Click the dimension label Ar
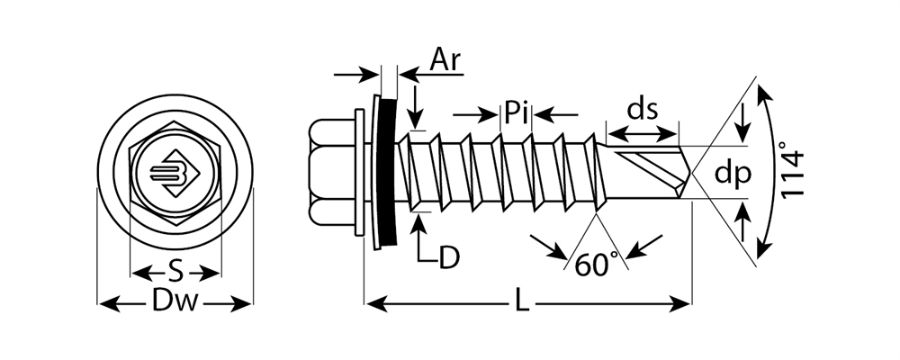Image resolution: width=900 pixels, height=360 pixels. click(x=445, y=59)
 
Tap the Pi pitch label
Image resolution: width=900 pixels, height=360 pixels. click(x=516, y=114)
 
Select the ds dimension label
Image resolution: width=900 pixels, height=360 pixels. click(x=643, y=110)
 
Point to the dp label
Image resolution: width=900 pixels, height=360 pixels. click(x=732, y=175)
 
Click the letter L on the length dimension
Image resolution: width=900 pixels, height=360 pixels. click(x=521, y=304)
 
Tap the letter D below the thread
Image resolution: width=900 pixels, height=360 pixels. click(x=449, y=257)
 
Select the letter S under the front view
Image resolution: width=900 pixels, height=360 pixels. click(x=176, y=271)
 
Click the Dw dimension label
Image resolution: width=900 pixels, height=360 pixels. click(x=175, y=304)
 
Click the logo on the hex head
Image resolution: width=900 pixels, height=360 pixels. click(x=175, y=174)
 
